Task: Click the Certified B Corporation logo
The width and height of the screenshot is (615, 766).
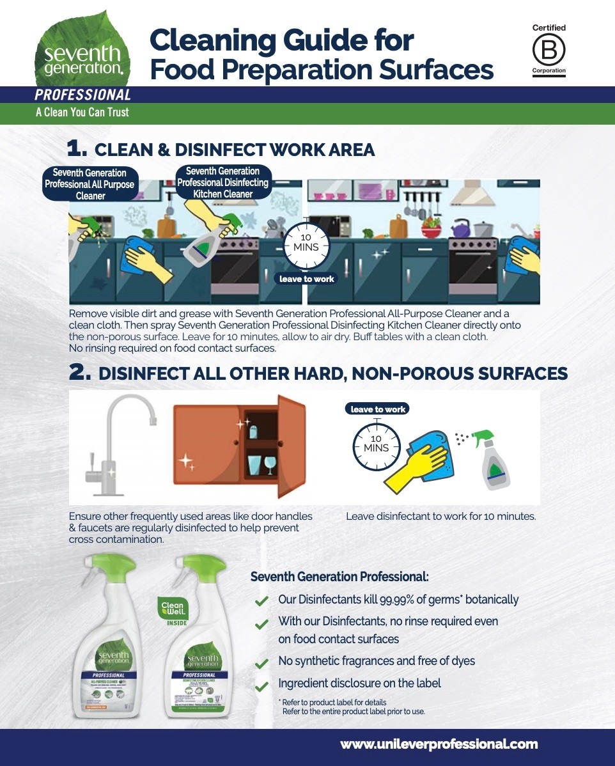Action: (549, 51)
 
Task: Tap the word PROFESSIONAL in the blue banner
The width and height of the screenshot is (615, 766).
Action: (82, 95)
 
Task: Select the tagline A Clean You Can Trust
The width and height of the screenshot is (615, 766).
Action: (82, 113)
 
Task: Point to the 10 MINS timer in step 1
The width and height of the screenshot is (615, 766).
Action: (306, 246)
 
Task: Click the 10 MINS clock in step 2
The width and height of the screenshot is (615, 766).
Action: (377, 443)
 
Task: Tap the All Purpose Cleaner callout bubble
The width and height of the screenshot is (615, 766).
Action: (90, 184)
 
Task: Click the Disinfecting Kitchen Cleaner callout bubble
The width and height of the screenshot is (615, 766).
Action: (223, 182)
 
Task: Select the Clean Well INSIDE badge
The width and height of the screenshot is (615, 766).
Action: (172, 611)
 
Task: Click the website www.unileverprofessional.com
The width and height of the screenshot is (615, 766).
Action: (439, 744)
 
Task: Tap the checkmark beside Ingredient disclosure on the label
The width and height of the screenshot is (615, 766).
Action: (261, 687)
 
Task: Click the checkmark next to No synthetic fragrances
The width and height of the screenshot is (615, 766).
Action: (261, 664)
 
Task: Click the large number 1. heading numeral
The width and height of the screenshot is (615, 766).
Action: (77, 149)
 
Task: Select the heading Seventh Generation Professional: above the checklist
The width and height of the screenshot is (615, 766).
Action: (339, 577)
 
